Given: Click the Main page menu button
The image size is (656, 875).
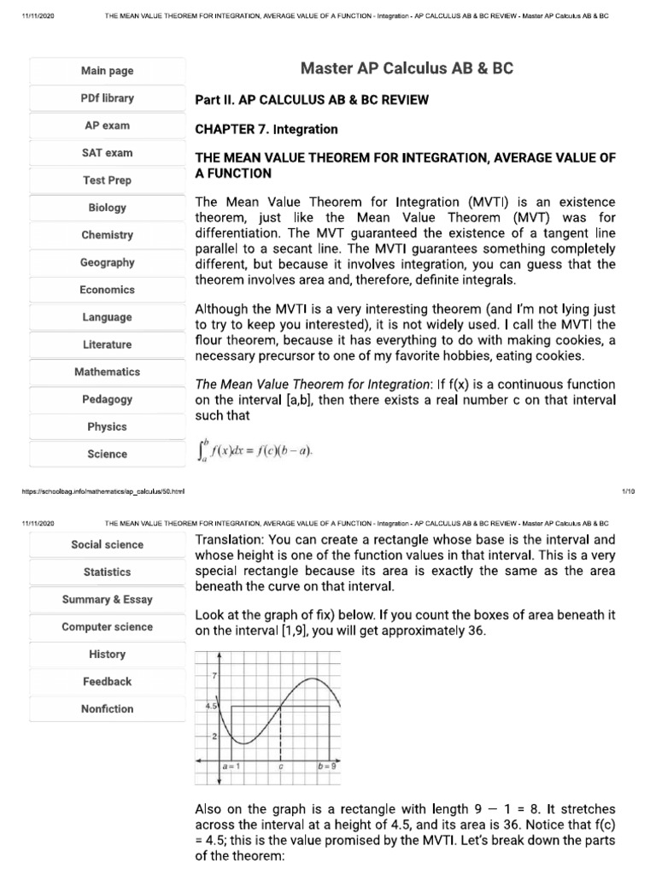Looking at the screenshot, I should [107, 71].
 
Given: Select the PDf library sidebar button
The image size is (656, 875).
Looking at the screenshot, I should [107, 98].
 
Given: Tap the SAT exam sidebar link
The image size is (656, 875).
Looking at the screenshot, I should [107, 153].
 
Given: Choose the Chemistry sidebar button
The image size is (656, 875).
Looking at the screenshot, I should [107, 235].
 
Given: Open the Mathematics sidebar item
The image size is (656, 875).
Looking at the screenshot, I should [107, 372].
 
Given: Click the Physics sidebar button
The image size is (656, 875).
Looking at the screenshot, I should [107, 426].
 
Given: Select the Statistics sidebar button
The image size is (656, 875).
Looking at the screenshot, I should [107, 572].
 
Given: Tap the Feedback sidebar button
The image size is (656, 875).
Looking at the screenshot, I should [107, 681].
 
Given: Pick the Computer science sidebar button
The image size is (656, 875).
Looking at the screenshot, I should [107, 626].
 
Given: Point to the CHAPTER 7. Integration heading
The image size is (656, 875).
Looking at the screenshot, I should [266, 129].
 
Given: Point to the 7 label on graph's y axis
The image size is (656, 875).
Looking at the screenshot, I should [214, 675].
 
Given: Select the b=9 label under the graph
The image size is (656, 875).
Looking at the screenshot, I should [327, 766].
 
